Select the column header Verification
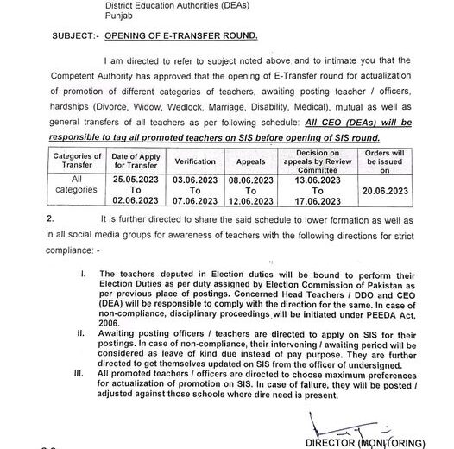coord(195,161)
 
